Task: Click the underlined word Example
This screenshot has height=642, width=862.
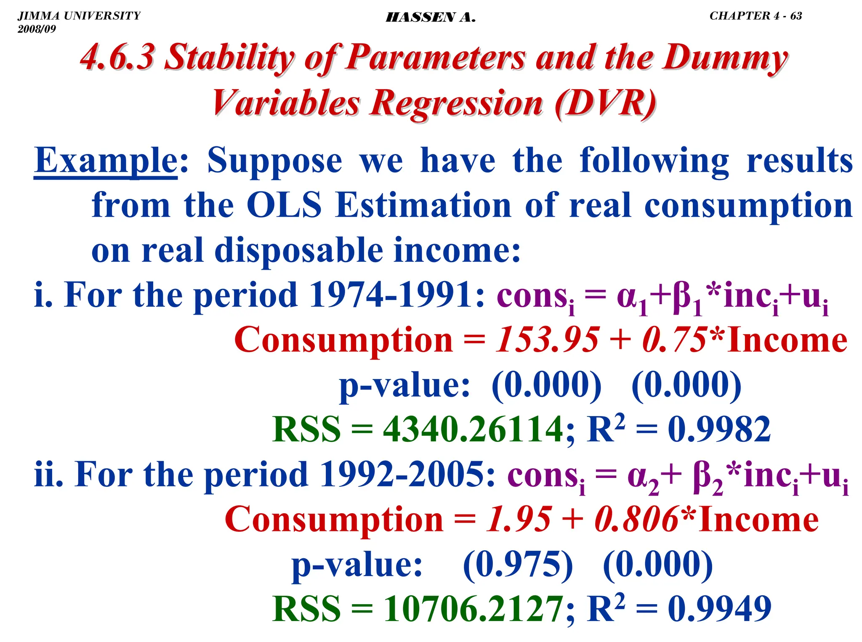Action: point(106,161)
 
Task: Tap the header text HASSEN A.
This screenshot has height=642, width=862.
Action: point(431,17)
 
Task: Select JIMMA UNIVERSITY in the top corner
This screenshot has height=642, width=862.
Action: point(79,16)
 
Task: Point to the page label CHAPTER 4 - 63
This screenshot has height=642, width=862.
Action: point(756,16)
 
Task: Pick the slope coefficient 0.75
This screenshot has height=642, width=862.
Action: point(674,340)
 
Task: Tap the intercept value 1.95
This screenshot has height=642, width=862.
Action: point(519,520)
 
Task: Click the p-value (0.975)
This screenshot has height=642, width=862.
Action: point(518,565)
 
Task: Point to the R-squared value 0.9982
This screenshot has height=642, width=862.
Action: point(719,430)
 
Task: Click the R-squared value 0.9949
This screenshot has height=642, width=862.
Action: point(719,609)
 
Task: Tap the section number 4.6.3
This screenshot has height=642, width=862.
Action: point(117,58)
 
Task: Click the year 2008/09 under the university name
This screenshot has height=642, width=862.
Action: point(37,29)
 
